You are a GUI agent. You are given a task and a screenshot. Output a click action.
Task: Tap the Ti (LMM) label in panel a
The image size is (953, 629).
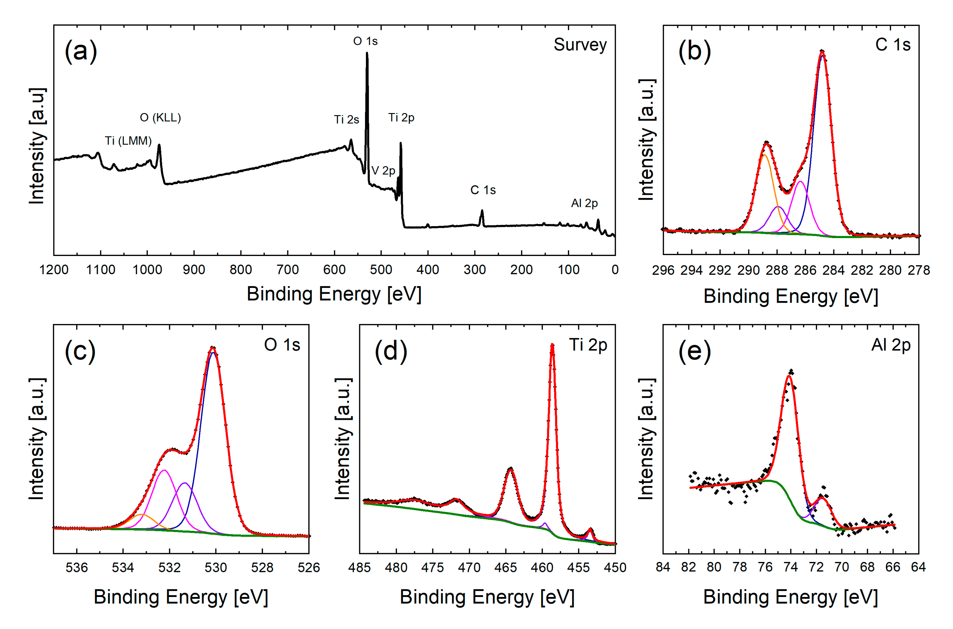click(x=128, y=141)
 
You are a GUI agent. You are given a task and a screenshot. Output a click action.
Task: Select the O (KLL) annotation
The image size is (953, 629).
click(x=160, y=118)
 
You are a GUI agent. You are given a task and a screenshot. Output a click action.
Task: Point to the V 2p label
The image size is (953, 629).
click(x=383, y=171)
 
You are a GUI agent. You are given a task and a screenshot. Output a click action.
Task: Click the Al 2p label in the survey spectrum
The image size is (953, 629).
click(x=584, y=203)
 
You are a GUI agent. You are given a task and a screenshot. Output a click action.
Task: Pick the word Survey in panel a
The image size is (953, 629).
click(x=580, y=44)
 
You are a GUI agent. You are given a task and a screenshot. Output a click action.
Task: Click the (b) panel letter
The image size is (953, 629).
click(x=694, y=51)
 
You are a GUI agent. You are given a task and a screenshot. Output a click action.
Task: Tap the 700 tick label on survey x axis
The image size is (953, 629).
click(x=288, y=270)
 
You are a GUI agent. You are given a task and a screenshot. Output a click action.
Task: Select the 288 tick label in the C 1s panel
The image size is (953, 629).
click(x=777, y=270)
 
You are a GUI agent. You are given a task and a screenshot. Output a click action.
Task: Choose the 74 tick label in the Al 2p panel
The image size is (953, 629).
click(x=791, y=567)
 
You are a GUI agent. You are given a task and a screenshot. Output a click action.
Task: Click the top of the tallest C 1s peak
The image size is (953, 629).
click(x=822, y=51)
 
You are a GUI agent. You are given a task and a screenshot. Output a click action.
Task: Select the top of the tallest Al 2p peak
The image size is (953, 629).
click(x=789, y=376)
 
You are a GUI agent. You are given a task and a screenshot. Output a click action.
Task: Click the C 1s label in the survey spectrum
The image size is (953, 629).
click(x=483, y=190)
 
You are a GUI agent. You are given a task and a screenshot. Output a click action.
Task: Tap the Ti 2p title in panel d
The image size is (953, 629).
click(x=588, y=345)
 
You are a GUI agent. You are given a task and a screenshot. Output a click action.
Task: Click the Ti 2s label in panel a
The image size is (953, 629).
click(x=346, y=119)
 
